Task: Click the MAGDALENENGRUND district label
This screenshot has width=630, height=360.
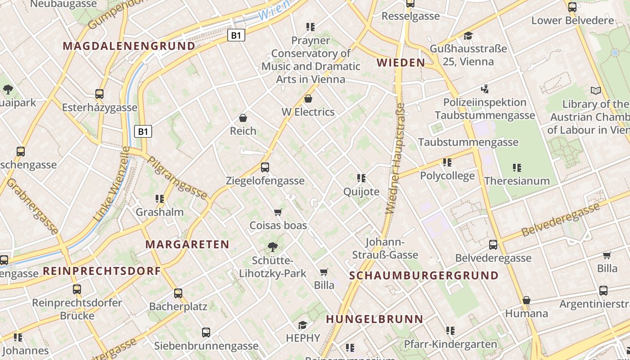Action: [x=129, y=46]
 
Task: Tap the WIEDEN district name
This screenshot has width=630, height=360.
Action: [x=400, y=63]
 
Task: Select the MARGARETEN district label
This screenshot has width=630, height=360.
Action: [x=187, y=244]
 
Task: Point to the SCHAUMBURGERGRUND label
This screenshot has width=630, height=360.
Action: [x=424, y=275]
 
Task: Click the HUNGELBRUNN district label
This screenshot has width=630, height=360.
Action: [x=374, y=319]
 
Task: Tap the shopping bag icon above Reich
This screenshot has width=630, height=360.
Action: [x=243, y=118]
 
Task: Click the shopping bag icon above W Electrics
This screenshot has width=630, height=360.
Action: [x=308, y=99]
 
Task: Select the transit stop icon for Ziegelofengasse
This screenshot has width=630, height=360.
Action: [x=265, y=167]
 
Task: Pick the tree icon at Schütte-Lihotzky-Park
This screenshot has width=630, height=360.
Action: [x=272, y=247]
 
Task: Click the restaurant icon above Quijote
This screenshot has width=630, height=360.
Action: [x=361, y=178]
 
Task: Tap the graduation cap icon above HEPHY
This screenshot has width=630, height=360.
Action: [x=303, y=325]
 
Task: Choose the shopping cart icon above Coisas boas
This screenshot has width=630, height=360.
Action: [x=278, y=212]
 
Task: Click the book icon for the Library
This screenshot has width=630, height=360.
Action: [x=596, y=90]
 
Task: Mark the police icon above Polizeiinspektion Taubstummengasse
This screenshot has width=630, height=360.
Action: [x=485, y=89]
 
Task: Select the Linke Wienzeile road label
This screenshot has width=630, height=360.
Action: [x=112, y=184]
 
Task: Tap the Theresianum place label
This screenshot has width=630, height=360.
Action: [x=517, y=181]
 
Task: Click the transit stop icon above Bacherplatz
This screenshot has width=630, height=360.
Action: [x=178, y=293]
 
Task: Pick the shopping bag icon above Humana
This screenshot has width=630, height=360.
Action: [x=526, y=300]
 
